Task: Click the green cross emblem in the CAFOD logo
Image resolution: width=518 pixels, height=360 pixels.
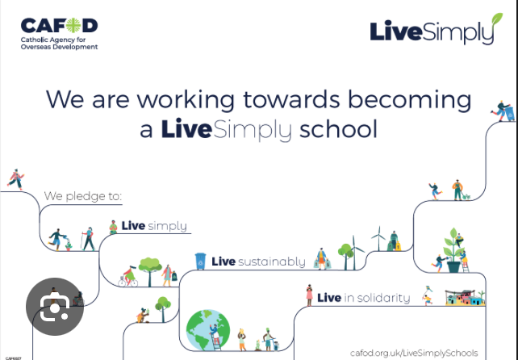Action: point(73,26)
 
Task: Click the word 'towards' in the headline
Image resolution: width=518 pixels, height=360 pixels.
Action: point(291,99)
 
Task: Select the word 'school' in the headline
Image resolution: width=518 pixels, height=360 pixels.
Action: point(338,129)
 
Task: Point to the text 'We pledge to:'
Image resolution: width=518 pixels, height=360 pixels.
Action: point(83,196)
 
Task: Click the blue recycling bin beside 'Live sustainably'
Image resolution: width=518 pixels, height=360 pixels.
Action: point(200,262)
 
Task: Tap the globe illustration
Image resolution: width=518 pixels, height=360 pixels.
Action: point(208,329)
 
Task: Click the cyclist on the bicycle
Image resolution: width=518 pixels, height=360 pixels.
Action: point(128,277)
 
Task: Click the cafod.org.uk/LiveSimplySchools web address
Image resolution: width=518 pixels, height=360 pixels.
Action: point(414,353)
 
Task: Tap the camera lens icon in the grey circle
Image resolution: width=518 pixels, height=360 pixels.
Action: point(55,307)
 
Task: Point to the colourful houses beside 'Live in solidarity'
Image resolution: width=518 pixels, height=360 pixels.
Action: point(465,298)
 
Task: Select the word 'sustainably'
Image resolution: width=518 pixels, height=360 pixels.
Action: point(272,262)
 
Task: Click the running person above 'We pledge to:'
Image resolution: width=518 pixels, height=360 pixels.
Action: point(15,179)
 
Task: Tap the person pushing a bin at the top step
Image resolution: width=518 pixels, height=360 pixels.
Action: point(503,111)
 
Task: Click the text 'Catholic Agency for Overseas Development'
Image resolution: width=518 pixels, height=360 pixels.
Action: point(59,44)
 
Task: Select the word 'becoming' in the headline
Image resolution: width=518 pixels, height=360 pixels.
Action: point(410,100)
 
